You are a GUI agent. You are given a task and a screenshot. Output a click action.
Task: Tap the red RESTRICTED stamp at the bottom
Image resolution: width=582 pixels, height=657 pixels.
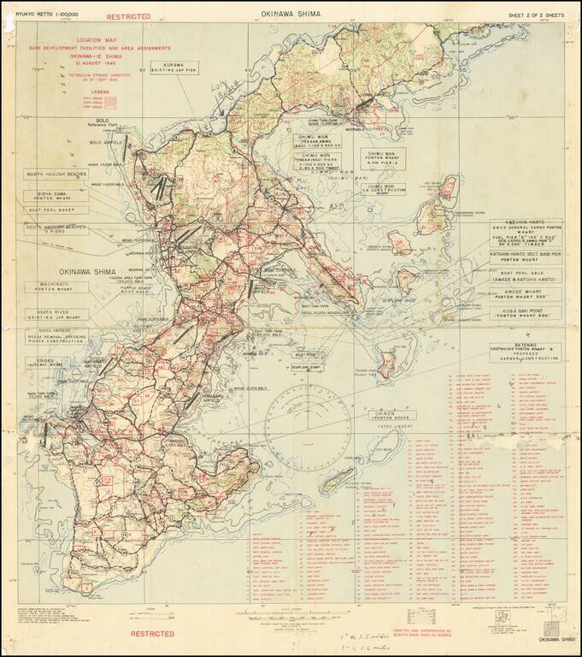point(153,634)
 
